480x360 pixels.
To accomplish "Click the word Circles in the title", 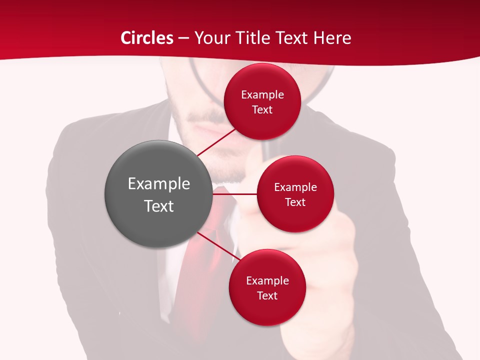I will pos(147,38).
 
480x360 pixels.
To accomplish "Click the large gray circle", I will pos(158,194).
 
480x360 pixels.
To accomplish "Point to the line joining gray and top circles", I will pos(216,142).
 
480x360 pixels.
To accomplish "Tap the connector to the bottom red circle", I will pos(218,246).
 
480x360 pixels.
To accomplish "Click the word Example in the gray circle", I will pos(158,184).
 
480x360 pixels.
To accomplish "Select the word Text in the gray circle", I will pos(158,206).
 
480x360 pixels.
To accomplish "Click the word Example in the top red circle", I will pos(262,94).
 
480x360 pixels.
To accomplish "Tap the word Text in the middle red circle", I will pos(295,202).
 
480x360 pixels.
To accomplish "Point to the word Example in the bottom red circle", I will pos(267,280).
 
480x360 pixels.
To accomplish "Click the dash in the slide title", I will pos(183,38).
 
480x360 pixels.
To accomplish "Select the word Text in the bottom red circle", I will pos(267,295).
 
